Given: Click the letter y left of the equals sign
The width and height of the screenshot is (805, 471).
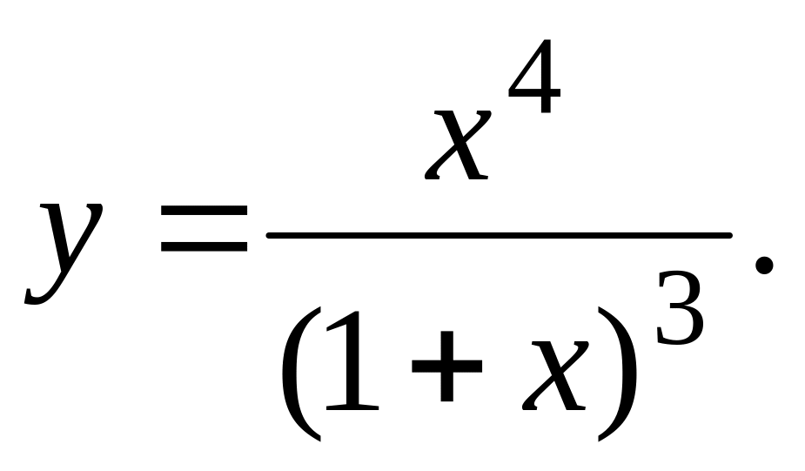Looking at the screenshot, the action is pos(64,252).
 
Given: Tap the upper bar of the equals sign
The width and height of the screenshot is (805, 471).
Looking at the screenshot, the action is pos(205,210).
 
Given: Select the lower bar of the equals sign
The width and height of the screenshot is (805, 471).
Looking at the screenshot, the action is pos(205,246).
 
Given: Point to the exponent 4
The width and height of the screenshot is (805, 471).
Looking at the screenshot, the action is pos(534,76).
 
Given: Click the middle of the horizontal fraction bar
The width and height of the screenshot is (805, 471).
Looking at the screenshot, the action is pos(499,235).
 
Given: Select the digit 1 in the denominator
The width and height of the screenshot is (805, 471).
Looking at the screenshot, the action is pos(352,361).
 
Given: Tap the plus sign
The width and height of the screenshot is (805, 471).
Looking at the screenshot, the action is pos(447,367).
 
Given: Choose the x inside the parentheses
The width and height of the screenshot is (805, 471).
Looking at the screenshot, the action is pos(555,376).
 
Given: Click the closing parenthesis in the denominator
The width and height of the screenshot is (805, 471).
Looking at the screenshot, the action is pos(618,373).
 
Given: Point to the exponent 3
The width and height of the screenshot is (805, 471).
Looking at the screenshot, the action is pos(679,308).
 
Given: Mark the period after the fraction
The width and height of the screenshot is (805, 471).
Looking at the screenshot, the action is pos(764,266).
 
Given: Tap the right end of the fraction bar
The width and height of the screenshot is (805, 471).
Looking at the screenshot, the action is pos(729,235).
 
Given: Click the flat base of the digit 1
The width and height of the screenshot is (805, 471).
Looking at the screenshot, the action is pos(352,407).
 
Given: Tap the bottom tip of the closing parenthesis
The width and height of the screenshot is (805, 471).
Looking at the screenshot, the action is pos(599,441).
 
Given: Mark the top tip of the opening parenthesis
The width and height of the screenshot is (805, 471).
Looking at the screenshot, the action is pos(320,309).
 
